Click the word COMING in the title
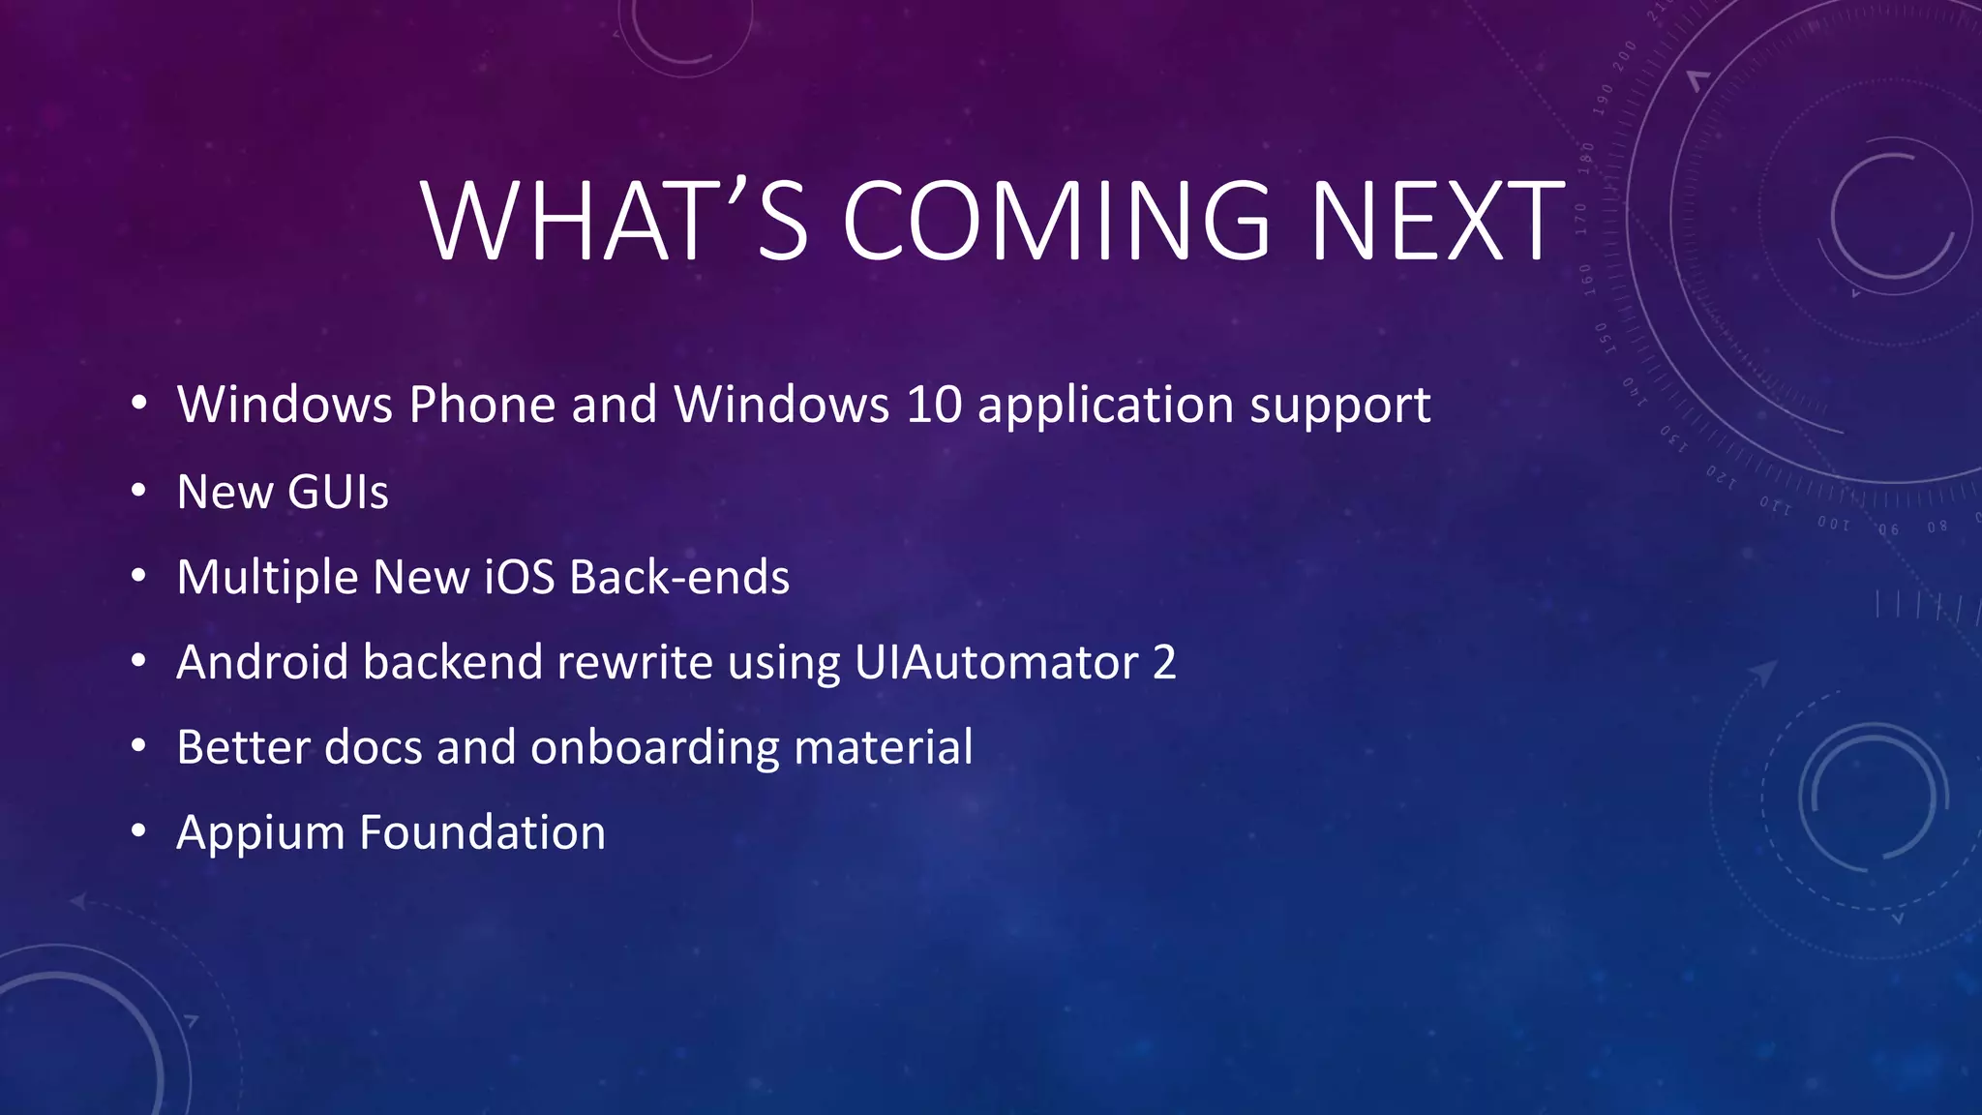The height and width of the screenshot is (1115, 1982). [1056, 222]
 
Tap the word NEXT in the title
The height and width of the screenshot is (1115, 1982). [1437, 222]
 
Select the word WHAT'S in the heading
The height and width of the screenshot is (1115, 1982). [615, 222]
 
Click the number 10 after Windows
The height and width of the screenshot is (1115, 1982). [934, 405]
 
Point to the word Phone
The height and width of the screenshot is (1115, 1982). [482, 405]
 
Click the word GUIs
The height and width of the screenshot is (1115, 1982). [338, 492]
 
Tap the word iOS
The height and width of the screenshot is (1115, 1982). [519, 577]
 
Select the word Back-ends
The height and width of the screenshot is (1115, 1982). [679, 577]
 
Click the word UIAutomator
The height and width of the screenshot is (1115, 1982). [996, 663]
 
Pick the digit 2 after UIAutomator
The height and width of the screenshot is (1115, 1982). [1164, 663]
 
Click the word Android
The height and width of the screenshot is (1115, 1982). [262, 663]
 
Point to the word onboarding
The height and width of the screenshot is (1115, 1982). [653, 748]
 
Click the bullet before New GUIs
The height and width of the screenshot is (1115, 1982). [139, 492]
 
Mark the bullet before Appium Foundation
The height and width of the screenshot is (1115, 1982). [139, 831]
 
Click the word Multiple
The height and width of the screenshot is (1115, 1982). [267, 579]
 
